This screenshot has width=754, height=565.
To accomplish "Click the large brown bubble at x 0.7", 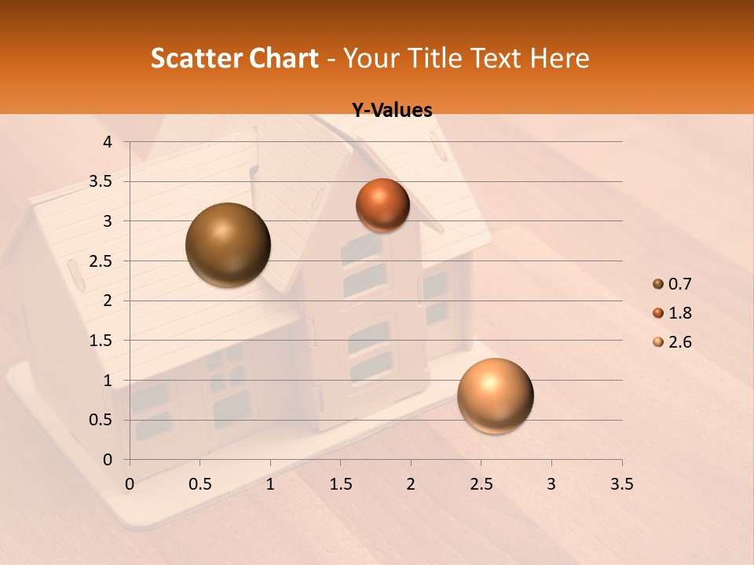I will click(229, 245).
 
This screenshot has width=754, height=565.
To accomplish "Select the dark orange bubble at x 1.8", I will click(382, 205).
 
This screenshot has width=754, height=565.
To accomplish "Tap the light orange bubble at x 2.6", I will click(496, 395).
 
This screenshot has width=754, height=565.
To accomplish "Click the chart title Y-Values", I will click(392, 111).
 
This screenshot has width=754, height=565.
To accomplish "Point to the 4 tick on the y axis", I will click(108, 142).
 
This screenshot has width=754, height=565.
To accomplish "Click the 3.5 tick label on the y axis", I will click(101, 181).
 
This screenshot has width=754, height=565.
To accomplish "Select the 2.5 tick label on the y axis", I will click(101, 261).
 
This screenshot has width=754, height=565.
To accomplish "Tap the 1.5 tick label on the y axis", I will click(101, 341).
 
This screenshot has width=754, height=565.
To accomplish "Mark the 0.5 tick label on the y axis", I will click(101, 420).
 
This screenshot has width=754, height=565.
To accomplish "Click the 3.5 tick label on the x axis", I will click(621, 484).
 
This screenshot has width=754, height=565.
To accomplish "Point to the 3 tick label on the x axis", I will click(551, 484).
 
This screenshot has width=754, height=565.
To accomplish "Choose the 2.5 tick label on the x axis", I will click(481, 484).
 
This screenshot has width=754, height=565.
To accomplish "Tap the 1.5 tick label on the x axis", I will click(340, 484).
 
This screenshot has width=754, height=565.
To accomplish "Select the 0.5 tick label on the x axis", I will click(199, 484).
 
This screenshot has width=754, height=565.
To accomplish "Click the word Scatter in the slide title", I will click(196, 58).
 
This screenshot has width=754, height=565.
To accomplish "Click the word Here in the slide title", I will click(560, 58).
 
